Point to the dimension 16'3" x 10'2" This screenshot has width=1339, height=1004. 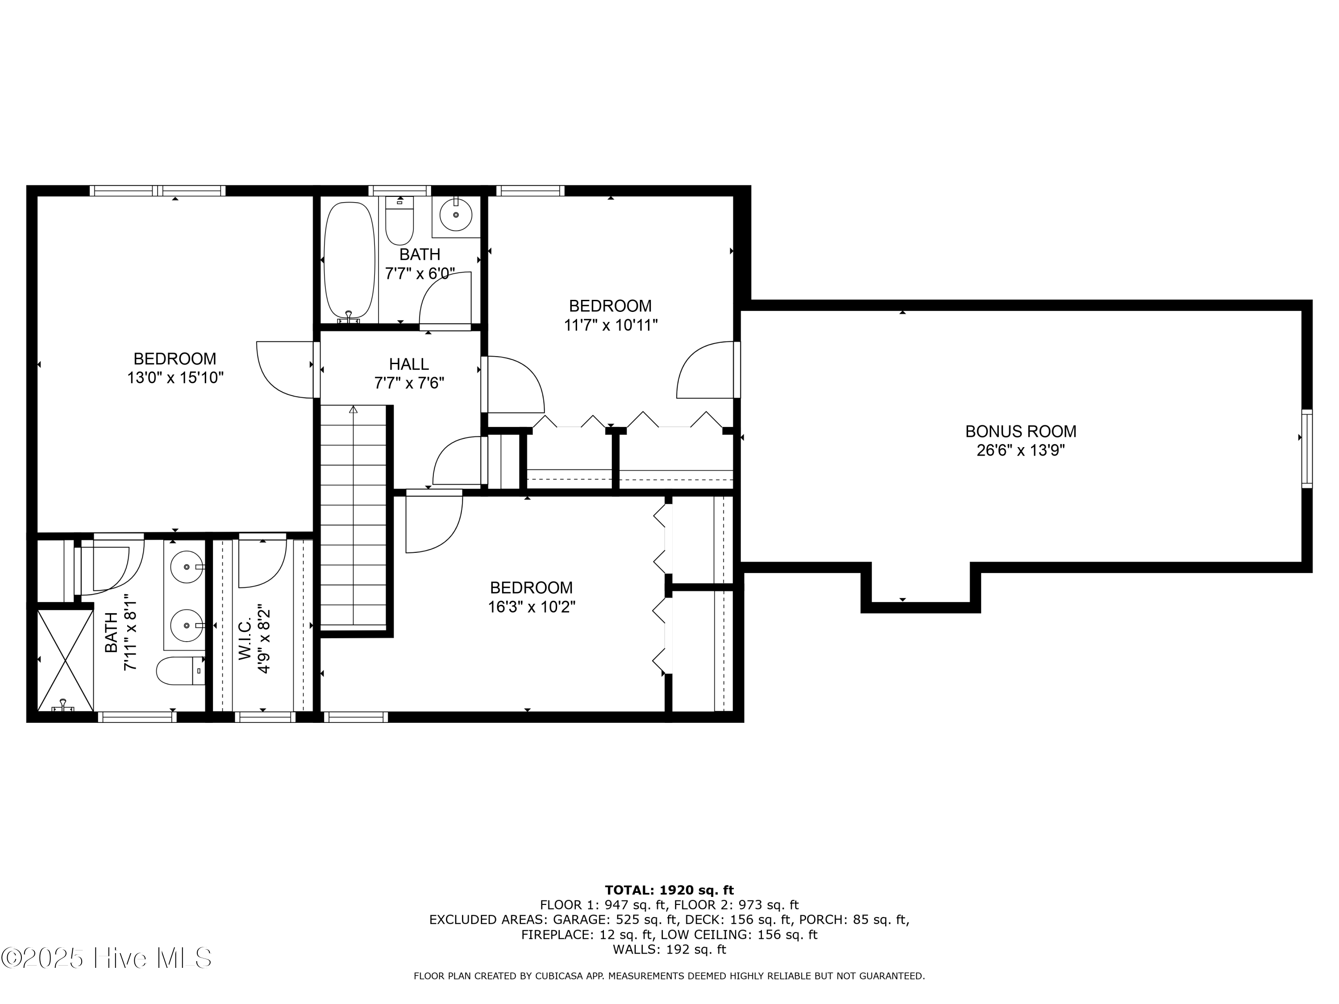[x=532, y=606]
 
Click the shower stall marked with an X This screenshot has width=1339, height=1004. [x=65, y=660]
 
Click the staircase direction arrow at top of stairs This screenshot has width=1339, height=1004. [x=353, y=410]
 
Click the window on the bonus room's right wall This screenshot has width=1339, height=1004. [x=1307, y=448]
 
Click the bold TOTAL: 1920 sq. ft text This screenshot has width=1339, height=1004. [x=669, y=890]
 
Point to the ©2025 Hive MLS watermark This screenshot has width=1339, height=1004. [x=106, y=958]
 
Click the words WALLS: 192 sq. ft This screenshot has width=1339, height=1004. [x=669, y=950]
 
